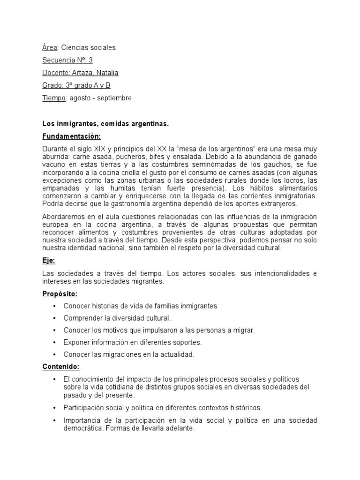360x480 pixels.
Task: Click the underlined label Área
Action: point(50,47)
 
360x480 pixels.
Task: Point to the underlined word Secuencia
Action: point(58,60)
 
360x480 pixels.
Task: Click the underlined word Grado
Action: point(52,85)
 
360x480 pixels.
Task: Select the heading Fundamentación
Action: point(72,136)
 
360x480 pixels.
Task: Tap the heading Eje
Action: point(49,261)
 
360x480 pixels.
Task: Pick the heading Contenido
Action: point(60,366)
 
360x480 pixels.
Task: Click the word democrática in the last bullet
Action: point(83,429)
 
